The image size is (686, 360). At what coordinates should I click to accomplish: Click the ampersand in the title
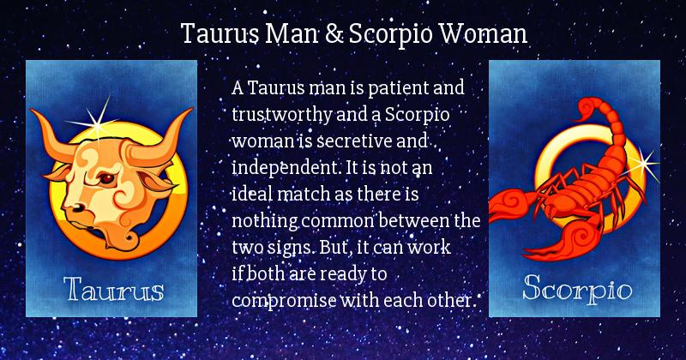334,34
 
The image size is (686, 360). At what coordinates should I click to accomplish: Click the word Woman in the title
483,34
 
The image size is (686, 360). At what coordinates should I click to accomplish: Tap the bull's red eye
106,178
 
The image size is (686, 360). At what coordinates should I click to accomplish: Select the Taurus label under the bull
114,290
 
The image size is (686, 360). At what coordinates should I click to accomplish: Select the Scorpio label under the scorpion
577,289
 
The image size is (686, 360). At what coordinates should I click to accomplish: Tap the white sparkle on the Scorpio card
643,164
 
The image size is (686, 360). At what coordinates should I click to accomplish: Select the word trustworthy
282,115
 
